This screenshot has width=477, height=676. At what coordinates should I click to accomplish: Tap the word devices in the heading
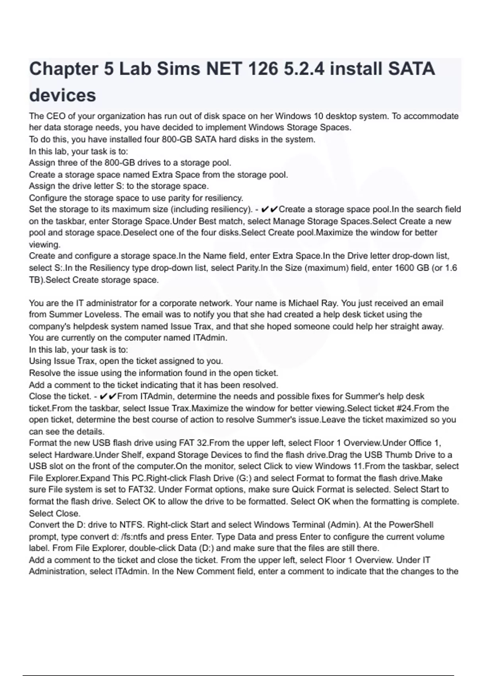63,95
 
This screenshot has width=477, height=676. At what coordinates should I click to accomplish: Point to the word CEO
55,116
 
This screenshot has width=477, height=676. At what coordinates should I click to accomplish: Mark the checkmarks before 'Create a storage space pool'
270,209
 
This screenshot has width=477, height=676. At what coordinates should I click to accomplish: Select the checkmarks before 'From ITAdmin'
108,396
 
